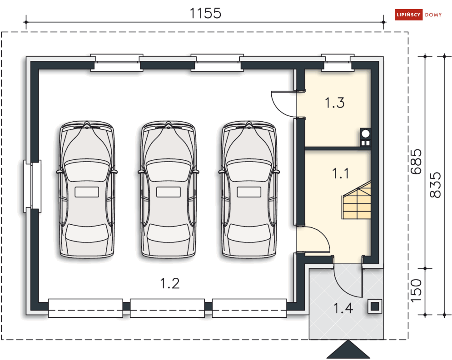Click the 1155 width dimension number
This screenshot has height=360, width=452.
[205, 13]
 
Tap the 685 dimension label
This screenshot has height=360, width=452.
[416, 162]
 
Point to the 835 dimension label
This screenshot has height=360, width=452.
[435, 185]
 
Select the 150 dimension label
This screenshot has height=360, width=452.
[416, 291]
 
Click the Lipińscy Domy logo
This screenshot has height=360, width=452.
[418, 15]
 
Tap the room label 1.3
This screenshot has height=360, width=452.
[335, 103]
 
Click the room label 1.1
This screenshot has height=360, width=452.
[340, 173]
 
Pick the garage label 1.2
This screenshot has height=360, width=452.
[170, 283]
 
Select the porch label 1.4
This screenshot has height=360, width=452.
[343, 308]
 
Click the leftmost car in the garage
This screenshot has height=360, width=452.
[87, 189]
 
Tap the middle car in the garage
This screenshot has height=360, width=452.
[169, 189]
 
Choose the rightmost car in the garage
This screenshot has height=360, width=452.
[249, 189]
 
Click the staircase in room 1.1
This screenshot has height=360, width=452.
[357, 200]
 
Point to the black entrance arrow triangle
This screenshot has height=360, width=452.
[348, 350]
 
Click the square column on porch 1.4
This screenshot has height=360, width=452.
[375, 306]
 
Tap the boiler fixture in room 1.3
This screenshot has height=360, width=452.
[366, 138]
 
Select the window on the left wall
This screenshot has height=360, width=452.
[32, 186]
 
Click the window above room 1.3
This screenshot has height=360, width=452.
[338, 62]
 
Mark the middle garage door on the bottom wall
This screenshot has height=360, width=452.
[168, 308]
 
